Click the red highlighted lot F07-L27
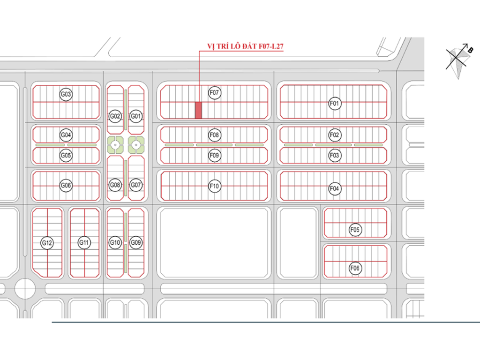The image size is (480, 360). pyautogui.click(x=198, y=110)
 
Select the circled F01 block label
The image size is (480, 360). pyautogui.click(x=334, y=103)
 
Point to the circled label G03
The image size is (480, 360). pyautogui.click(x=66, y=95)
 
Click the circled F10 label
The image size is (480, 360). pyautogui.click(x=214, y=187)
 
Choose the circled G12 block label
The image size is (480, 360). pyautogui.click(x=47, y=243)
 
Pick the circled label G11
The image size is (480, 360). pyautogui.click(x=84, y=242)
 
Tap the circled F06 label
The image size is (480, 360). pyautogui.click(x=355, y=268)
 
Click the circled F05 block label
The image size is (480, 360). pyautogui.click(x=355, y=230)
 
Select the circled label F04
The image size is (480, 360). pyautogui.click(x=334, y=188)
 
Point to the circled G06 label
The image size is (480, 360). pyautogui.click(x=66, y=186)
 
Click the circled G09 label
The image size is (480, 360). pyautogui.click(x=136, y=242)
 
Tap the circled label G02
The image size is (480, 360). pyautogui.click(x=115, y=116)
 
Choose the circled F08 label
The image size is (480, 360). pyautogui.click(x=214, y=135)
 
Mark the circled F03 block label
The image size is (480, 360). pyautogui.click(x=334, y=155)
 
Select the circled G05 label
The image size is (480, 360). pyautogui.click(x=66, y=155)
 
